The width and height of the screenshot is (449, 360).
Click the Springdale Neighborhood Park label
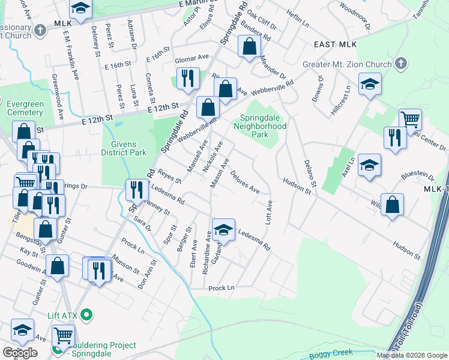click(264, 127)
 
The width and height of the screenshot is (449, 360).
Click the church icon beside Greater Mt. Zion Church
click(400, 64)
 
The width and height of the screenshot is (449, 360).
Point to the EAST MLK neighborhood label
click(335, 45)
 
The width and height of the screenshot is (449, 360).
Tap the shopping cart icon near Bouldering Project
click(63, 335)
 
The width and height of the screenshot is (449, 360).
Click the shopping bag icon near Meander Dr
click(249, 46)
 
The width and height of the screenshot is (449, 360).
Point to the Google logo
click(20, 353)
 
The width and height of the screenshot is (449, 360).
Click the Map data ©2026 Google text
click(412, 355)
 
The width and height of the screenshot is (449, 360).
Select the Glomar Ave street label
click(191, 59)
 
